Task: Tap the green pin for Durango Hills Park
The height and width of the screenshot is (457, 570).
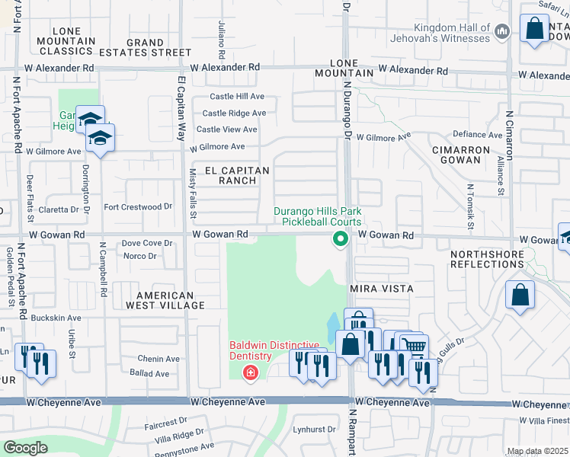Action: pos(340,240)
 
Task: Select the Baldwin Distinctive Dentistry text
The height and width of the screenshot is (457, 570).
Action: pos(251,350)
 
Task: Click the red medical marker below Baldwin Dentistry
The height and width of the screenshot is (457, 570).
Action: pos(249,372)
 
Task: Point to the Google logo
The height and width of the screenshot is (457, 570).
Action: pos(25,448)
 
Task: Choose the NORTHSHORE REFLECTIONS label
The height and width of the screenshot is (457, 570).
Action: pos(487,259)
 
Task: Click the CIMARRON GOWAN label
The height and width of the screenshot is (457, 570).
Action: pos(460,155)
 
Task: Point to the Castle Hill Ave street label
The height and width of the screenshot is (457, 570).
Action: pos(237,97)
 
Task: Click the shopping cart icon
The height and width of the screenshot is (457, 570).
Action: pos(414,347)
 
